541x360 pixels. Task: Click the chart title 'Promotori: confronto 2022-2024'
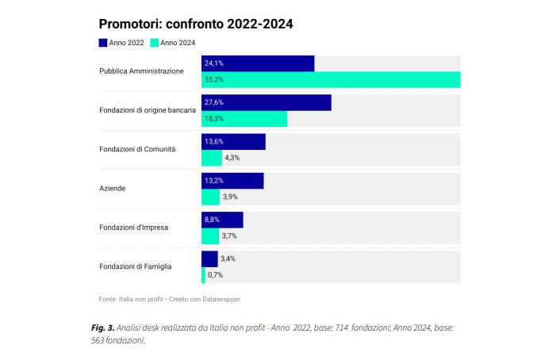tap(196, 24)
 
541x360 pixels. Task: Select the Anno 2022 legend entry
tap(121, 43)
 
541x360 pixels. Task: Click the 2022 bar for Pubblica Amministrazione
tap(258, 63)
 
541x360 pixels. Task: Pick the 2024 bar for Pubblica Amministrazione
tap(331, 79)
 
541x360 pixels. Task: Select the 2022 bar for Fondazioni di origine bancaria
tap(266, 102)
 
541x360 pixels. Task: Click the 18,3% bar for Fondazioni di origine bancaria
tap(244, 119)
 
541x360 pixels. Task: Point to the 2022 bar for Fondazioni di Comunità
tap(233, 141)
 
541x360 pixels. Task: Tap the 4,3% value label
tap(232, 158)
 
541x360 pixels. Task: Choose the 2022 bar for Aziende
tap(232, 181)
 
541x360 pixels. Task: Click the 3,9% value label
tap(231, 197)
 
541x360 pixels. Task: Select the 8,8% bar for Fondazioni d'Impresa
tap(222, 220)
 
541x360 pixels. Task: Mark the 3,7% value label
tap(229, 236)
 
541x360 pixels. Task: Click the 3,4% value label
tap(228, 259)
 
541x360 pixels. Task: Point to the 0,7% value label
tap(215, 275)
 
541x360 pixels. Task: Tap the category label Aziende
tap(113, 189)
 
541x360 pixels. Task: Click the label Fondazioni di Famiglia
tap(136, 266)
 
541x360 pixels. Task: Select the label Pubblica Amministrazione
tap(141, 71)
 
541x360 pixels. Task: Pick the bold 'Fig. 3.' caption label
tap(102, 327)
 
